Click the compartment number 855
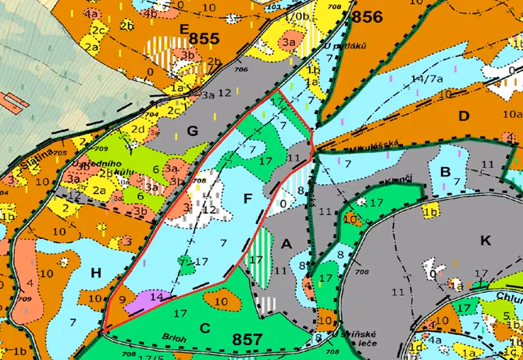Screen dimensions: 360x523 click(x=205, y=37)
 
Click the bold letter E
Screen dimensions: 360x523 click(x=185, y=29)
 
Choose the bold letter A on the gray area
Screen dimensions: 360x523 click(x=286, y=244)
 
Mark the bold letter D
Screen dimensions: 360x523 click(x=464, y=116)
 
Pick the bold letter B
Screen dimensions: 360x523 click(x=447, y=171)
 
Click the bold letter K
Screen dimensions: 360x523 click(x=486, y=241)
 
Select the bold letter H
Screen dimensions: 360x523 click(x=96, y=272)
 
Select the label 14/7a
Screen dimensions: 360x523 click(x=428, y=78)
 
